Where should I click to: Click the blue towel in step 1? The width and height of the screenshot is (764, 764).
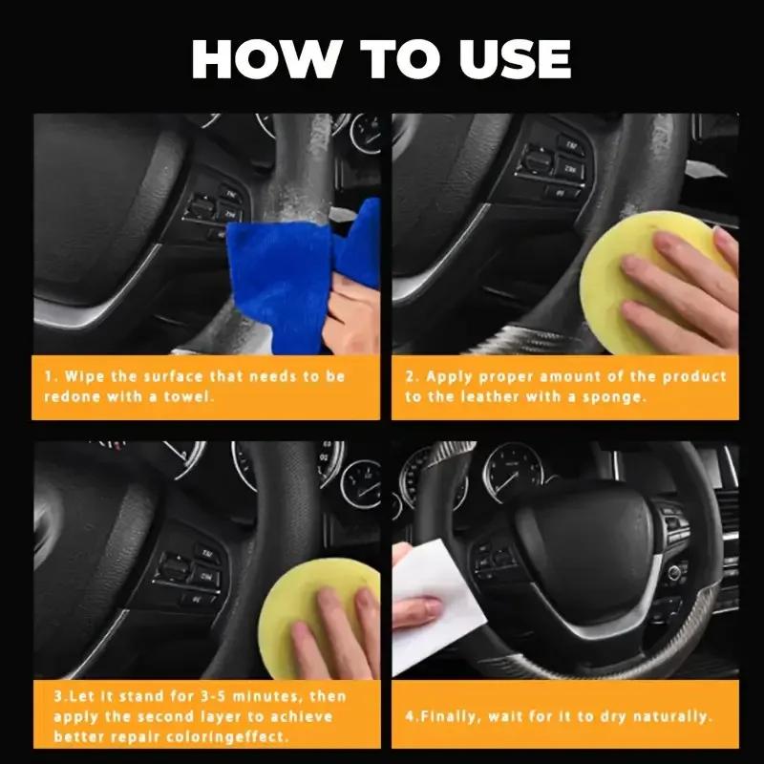point(286,272)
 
